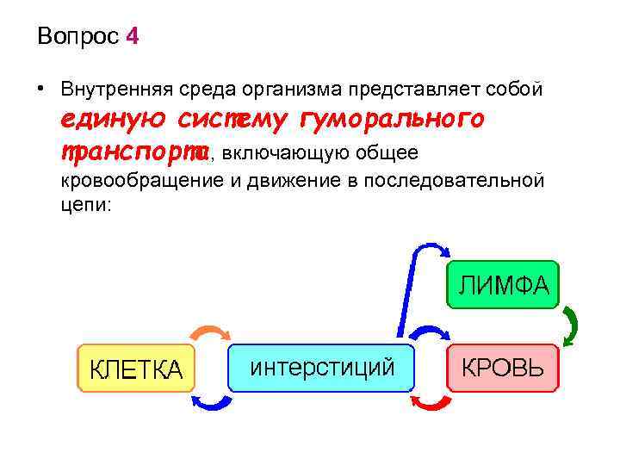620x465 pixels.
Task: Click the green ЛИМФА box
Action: coord(503,284)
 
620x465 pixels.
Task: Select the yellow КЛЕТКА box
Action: coord(136,369)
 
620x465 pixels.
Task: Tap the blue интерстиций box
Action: coord(322,368)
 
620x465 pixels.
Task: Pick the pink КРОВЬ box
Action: coord(502,368)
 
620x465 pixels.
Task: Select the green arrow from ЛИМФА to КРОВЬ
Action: coord(570,326)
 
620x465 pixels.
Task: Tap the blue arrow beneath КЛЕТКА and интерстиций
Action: coord(210,401)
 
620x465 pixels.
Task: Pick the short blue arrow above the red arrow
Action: coord(431,334)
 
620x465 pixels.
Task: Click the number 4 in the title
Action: coord(131,37)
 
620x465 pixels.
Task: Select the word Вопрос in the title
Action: coord(78,37)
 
